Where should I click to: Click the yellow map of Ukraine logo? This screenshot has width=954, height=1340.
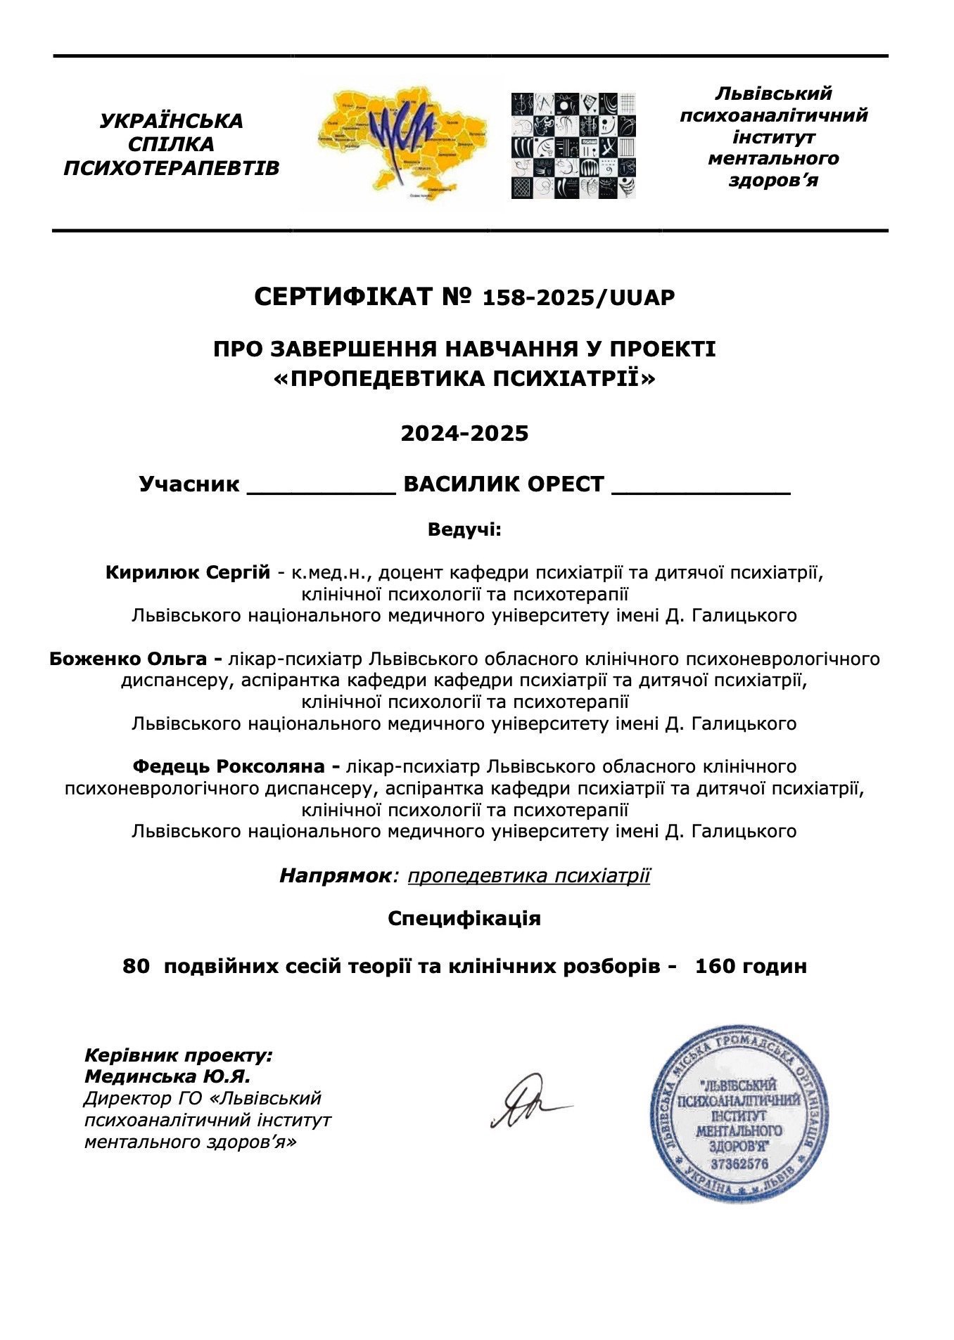pyautogui.click(x=401, y=143)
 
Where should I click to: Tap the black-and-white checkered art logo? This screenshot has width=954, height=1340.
pyautogui.click(x=573, y=145)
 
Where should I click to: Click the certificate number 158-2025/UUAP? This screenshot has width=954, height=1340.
pyautogui.click(x=578, y=298)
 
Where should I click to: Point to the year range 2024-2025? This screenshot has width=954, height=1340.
pyautogui.click(x=464, y=433)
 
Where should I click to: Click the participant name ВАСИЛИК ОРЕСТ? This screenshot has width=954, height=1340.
pyautogui.click(x=504, y=484)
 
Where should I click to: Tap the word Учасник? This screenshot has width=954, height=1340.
pyautogui.click(x=189, y=484)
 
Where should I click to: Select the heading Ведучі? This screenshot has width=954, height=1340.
pyautogui.click(x=464, y=529)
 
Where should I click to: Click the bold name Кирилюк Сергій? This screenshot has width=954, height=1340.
pyautogui.click(x=187, y=572)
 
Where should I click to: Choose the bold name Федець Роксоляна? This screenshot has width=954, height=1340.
pyautogui.click(x=231, y=766)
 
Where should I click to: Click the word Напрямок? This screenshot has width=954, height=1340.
pyautogui.click(x=334, y=875)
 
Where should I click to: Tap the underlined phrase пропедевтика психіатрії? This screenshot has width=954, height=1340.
pyautogui.click(x=528, y=875)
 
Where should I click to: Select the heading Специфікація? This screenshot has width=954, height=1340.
pyautogui.click(x=464, y=918)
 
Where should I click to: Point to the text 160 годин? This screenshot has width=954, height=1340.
pyautogui.click(x=751, y=966)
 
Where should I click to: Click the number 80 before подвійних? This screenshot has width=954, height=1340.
pyautogui.click(x=136, y=966)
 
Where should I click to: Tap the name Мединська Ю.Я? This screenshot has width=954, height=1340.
pyautogui.click(x=167, y=1076)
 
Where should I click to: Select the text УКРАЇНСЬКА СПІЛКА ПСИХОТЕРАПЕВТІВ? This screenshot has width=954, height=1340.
pyautogui.click(x=171, y=144)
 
